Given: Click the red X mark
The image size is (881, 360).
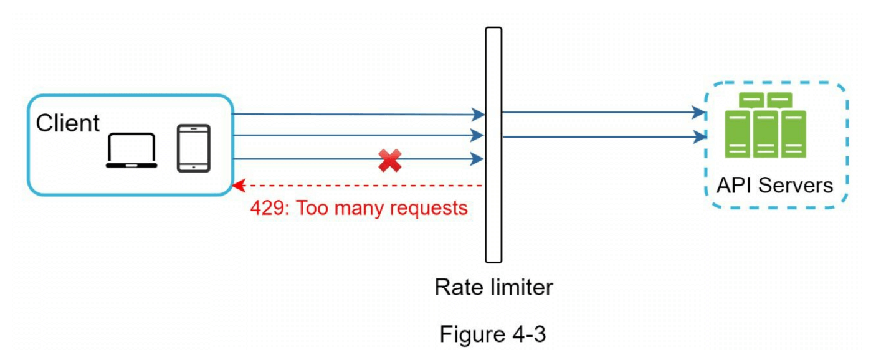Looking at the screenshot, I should tap(390, 161).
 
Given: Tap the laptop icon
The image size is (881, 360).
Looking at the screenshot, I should tap(131, 151).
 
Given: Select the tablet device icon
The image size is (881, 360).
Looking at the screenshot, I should tap(194, 148).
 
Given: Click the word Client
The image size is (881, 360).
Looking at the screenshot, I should tap(68, 123).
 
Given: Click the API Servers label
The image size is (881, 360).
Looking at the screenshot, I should tap(774, 185).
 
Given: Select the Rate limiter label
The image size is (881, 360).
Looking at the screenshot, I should tap(493, 287).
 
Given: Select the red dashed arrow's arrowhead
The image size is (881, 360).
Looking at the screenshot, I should tap(237, 186).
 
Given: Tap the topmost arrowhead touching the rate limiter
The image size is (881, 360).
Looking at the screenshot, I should tap(479, 115).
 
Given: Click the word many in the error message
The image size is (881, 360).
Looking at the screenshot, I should tap(355, 208).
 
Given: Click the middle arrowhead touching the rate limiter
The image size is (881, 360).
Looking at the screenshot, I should tap(479, 135).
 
